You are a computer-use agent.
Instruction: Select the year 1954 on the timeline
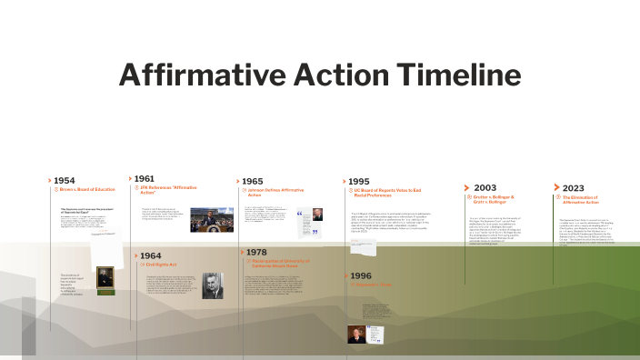tap(65, 180)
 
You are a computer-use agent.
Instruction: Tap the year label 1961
tap(144, 179)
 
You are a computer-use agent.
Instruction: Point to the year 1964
tap(151, 256)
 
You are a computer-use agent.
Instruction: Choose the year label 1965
tap(252, 181)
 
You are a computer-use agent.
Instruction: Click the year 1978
tap(257, 251)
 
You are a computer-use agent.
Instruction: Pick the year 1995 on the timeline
tap(359, 181)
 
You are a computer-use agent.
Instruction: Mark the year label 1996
tap(361, 275)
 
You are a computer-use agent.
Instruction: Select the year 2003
tap(485, 187)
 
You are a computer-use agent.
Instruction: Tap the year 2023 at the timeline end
tap(573, 188)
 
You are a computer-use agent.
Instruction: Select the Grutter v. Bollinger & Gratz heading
tap(494, 199)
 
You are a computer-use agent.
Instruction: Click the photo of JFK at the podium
tap(211, 220)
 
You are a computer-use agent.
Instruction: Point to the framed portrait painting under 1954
tap(105, 279)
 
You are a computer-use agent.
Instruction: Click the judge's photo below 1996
tap(356, 333)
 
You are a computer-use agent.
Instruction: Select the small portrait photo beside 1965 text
tap(316, 215)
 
